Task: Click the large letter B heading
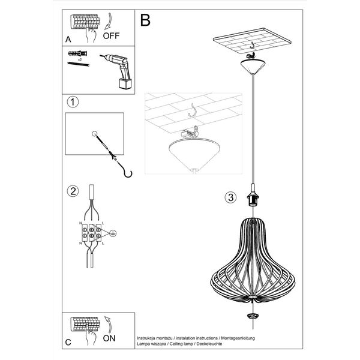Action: pyautogui.click(x=145, y=20)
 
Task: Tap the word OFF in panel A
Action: pyautogui.click(x=111, y=35)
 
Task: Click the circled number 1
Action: pyautogui.click(x=73, y=102)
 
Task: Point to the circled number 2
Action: pyautogui.click(x=73, y=191)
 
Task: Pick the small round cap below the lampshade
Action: pyautogui.click(x=253, y=315)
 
